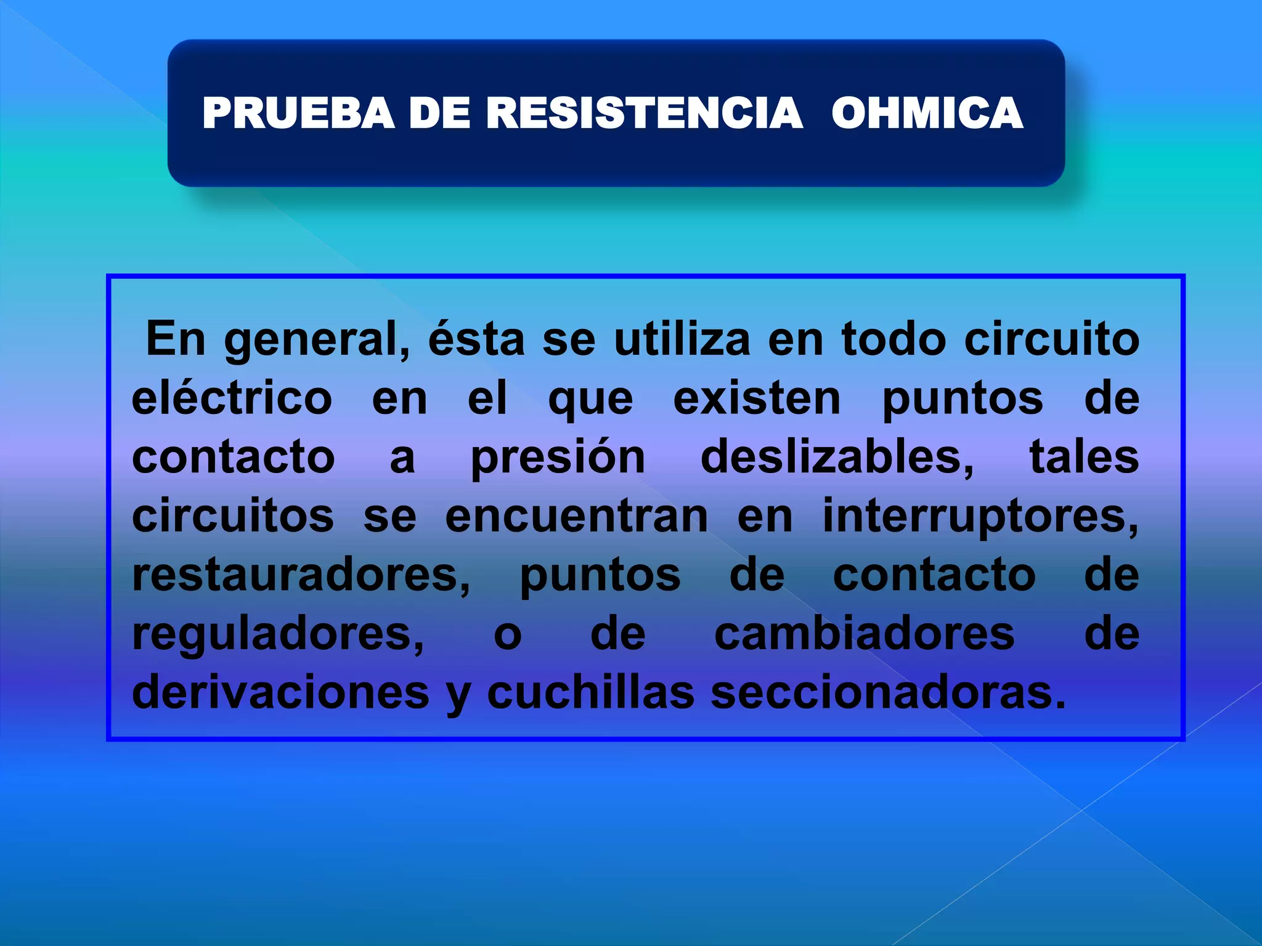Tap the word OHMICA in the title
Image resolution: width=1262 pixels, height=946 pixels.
pyautogui.click(x=927, y=113)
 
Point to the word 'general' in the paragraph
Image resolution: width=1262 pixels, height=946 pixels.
pyautogui.click(x=316, y=340)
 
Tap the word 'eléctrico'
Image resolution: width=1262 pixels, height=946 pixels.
pyautogui.click(x=232, y=398)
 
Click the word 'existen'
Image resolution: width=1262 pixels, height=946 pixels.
pyautogui.click(x=757, y=398)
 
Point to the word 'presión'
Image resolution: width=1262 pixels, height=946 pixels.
pyautogui.click(x=558, y=457)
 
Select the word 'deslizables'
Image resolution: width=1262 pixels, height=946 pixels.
pyautogui.click(x=837, y=457)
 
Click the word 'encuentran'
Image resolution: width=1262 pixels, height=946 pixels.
pyautogui.click(x=577, y=516)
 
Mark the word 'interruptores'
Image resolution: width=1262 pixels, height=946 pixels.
pyautogui.click(x=980, y=516)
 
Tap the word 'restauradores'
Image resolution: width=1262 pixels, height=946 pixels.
pyautogui.click(x=301, y=575)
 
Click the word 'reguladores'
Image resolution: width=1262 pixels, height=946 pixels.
pyautogui.click(x=278, y=634)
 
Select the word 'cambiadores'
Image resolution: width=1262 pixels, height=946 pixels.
pyautogui.click(x=865, y=633)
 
